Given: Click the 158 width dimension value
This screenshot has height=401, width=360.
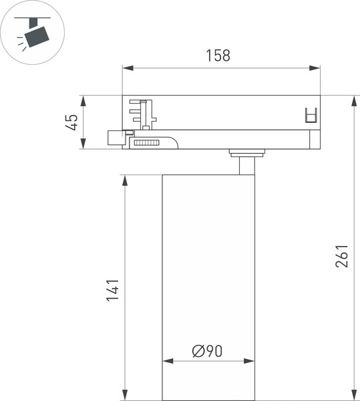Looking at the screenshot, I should (x=218, y=55).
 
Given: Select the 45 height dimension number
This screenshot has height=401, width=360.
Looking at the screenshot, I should (x=71, y=122).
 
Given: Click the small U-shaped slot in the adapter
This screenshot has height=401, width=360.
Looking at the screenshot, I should (x=309, y=115).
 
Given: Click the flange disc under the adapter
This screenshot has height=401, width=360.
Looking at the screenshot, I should (x=246, y=152).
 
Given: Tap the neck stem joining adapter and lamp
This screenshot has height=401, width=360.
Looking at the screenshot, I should (x=246, y=165).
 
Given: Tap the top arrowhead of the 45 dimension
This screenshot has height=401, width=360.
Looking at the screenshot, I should (x=83, y=101).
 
